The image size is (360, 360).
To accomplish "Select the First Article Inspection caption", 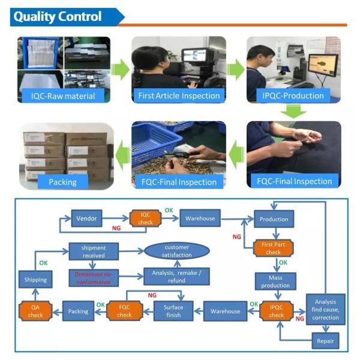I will (x=179, y=95).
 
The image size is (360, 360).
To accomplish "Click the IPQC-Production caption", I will (x=293, y=95).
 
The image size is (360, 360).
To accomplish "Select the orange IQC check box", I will (x=146, y=218).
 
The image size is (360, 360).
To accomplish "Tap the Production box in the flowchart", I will (x=274, y=219).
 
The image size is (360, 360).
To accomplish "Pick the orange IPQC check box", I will (x=276, y=311).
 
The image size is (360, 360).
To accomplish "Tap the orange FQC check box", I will (x=124, y=311).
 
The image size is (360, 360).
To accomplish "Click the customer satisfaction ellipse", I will (x=176, y=251).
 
